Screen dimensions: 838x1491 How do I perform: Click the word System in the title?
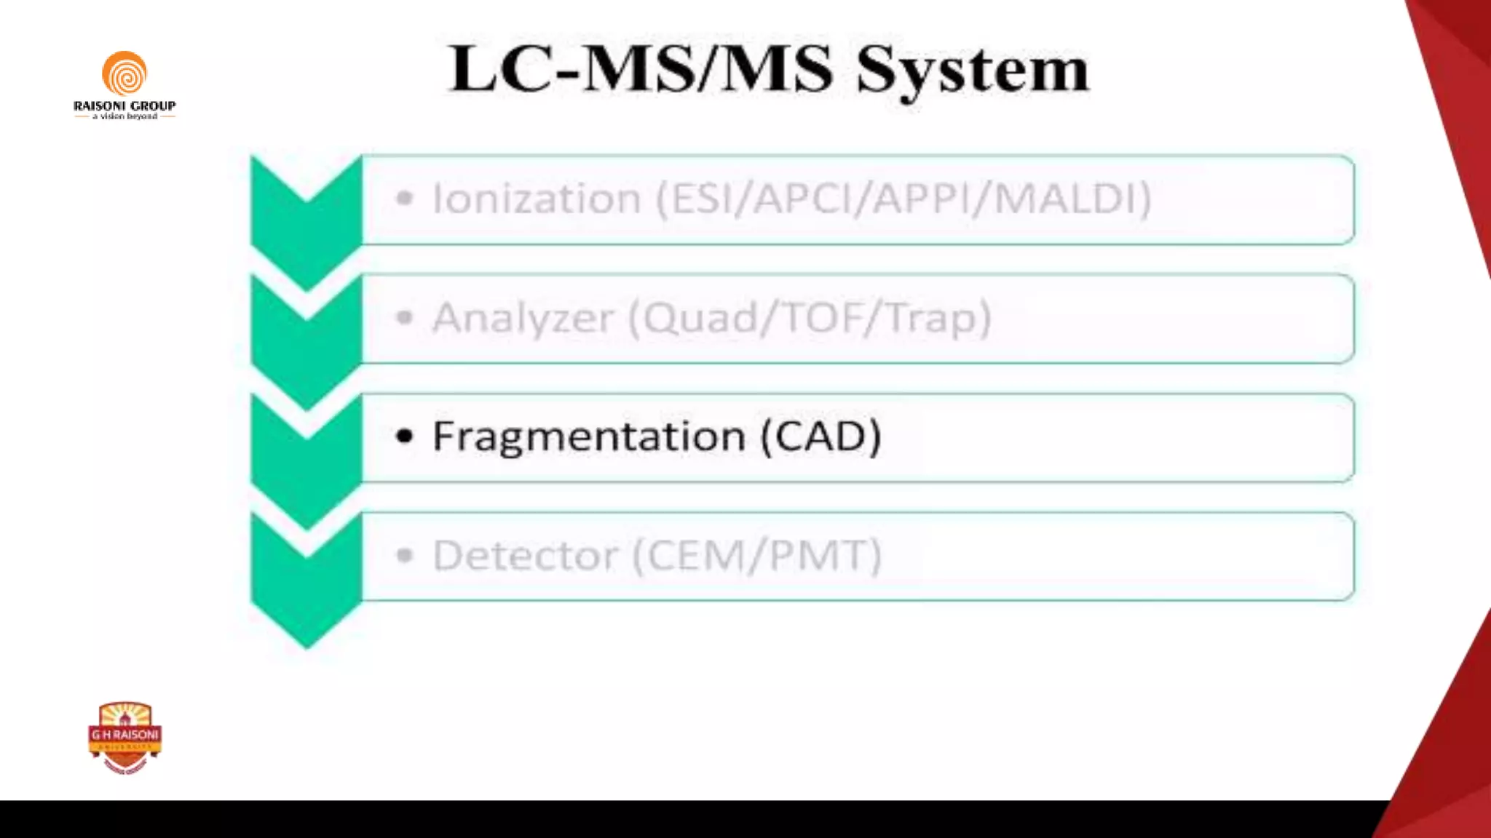pyautogui.click(x=973, y=70)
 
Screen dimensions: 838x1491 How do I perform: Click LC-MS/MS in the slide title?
pyautogui.click(x=641, y=68)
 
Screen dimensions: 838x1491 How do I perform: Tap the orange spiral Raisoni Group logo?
pyautogui.click(x=124, y=74)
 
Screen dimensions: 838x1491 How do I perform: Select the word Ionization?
pyautogui.click(x=537, y=199)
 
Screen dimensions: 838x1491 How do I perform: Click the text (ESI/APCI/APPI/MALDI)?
pyautogui.click(x=903, y=199)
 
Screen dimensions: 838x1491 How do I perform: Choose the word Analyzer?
pyautogui.click(x=523, y=318)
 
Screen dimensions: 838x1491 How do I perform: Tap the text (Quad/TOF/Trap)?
pyautogui.click(x=810, y=318)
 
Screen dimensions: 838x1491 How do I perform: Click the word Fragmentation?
pyautogui.click(x=588, y=436)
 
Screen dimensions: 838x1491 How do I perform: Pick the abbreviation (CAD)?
pyautogui.click(x=821, y=436)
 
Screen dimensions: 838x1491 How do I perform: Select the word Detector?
pyautogui.click(x=525, y=556)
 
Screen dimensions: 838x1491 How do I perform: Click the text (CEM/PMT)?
pyautogui.click(x=757, y=556)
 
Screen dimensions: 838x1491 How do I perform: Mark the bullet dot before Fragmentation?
pyautogui.click(x=405, y=436)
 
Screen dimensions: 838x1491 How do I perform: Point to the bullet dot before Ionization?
pyautogui.click(x=405, y=198)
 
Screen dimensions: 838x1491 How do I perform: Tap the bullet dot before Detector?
pyautogui.click(x=405, y=556)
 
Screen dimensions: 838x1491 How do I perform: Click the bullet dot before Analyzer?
pyautogui.click(x=405, y=317)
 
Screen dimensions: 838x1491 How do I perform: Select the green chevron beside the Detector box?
pyautogui.click(x=306, y=582)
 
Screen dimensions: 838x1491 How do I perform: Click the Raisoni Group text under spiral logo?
pyautogui.click(x=124, y=106)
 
